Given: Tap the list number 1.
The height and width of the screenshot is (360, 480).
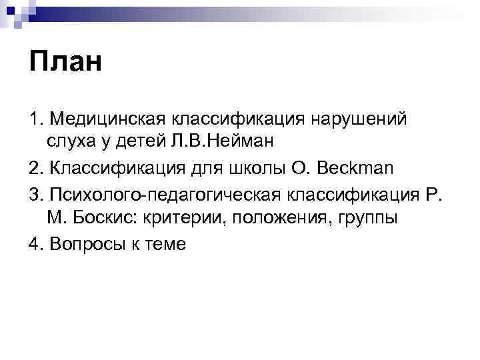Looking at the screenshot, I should pyautogui.click(x=33, y=118).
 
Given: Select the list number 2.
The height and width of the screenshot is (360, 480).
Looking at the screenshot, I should pyautogui.click(x=33, y=167).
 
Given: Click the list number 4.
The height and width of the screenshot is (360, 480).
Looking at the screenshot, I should pyautogui.click(x=33, y=243).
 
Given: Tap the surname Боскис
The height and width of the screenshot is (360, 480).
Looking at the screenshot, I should pyautogui.click(x=101, y=218).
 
